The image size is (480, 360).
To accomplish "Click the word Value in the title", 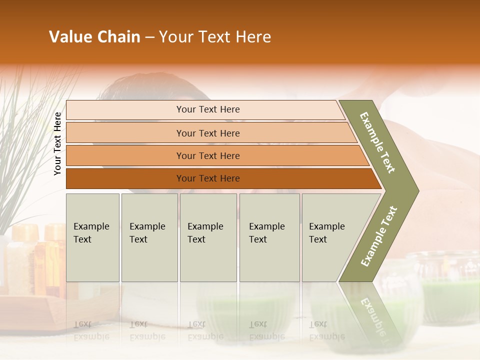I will point(69,37).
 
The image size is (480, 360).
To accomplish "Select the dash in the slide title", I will point(149,37).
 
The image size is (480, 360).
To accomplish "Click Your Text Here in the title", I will point(215,37).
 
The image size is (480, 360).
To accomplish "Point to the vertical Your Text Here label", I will point(57,143).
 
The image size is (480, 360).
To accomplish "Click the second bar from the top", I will point(208,133).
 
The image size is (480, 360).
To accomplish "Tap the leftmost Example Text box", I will point(92,237).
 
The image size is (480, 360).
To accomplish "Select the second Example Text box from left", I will point(149,237).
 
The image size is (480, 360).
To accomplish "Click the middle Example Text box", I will point(208,237).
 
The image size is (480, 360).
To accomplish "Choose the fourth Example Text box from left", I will point(269,237).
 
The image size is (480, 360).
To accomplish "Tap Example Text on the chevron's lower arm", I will point(379,236).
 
